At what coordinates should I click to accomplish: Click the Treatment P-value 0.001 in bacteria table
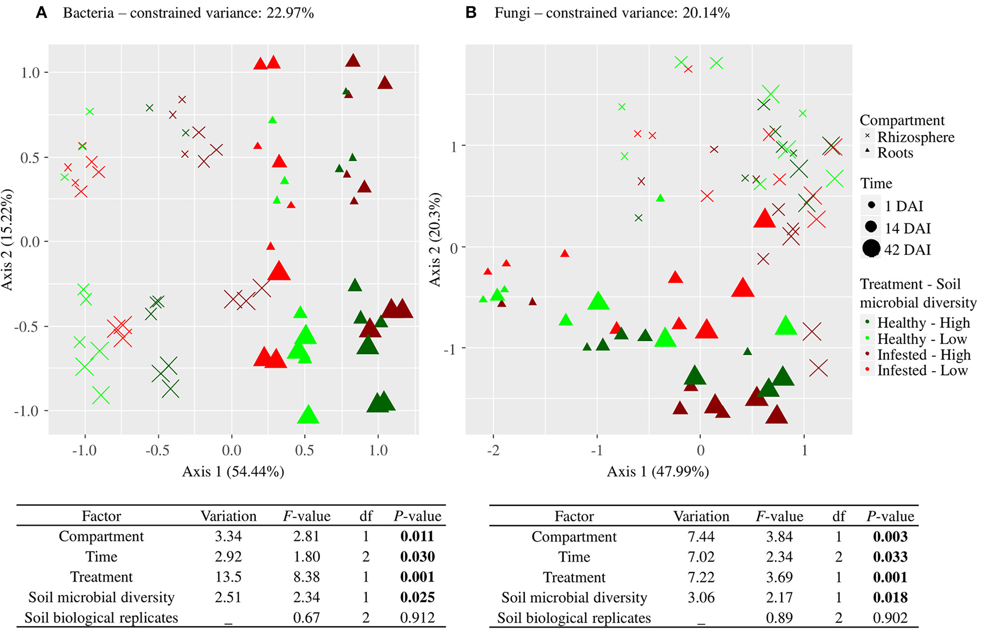[417, 577]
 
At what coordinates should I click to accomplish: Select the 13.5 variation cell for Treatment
[228, 577]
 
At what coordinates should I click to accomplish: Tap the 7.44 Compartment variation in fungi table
[701, 537]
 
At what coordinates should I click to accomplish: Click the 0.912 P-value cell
[417, 618]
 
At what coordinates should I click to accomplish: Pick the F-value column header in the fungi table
[779, 517]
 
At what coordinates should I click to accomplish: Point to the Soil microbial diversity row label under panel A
[102, 597]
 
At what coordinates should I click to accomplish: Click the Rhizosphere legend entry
[915, 137]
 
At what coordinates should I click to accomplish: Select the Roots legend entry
[895, 153]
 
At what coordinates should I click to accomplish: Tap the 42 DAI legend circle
[871, 248]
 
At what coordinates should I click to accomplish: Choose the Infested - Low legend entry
[922, 371]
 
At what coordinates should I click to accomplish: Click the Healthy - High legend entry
[923, 323]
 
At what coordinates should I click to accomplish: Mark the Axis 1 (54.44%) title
[233, 472]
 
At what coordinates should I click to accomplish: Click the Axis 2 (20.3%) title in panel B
[435, 239]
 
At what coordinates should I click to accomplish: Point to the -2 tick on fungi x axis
[493, 450]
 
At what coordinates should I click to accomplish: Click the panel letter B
[471, 13]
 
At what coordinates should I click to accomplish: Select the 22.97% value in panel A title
[290, 13]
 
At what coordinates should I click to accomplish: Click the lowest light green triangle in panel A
[308, 415]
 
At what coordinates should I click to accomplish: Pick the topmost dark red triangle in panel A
[353, 61]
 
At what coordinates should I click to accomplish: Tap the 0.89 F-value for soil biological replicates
[779, 618]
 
